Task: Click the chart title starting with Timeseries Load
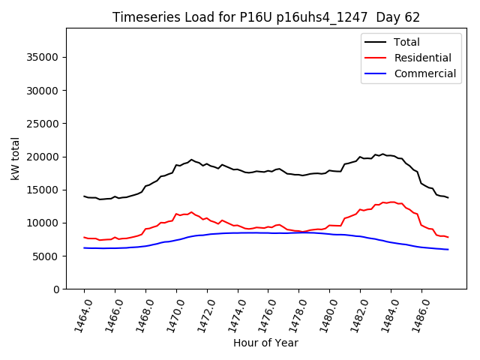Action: (x=265, y=16)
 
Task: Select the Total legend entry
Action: (x=406, y=42)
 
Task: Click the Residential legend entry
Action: (x=422, y=58)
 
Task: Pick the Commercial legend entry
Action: (x=424, y=73)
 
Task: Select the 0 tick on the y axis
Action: (x=56, y=289)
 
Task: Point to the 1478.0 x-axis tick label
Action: (x=293, y=313)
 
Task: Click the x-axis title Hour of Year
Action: (x=265, y=343)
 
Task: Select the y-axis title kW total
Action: (x=15, y=158)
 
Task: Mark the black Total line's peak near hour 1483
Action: (x=382, y=154)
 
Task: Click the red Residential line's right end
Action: (x=448, y=237)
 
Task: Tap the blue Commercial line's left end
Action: (x=84, y=247)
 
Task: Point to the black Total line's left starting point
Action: (x=84, y=196)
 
